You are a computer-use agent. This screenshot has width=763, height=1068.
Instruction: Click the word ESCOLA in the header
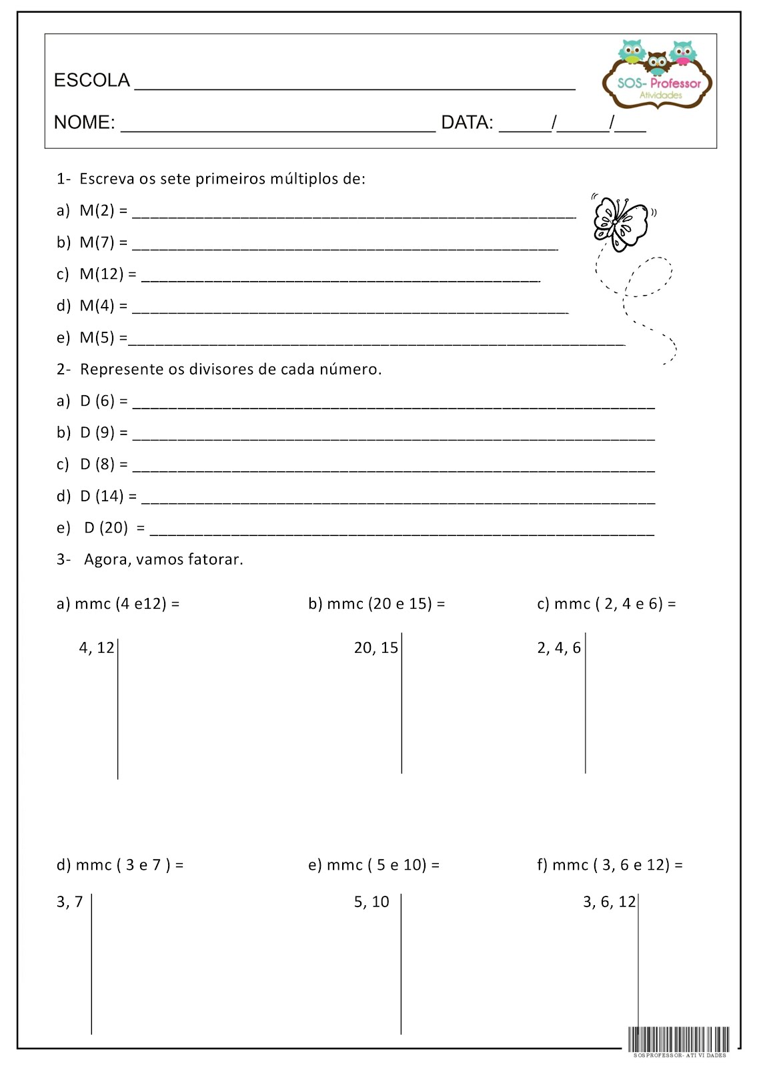click(x=91, y=81)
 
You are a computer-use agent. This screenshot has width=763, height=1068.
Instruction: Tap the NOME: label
click(x=84, y=123)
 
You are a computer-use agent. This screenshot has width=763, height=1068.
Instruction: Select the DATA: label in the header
click(x=467, y=123)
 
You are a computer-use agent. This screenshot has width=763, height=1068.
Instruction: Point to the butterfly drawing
click(x=620, y=222)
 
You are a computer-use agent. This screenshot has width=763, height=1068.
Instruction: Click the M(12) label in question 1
click(x=101, y=274)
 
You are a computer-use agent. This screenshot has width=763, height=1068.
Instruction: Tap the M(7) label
click(x=97, y=242)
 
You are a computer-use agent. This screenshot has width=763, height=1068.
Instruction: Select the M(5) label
click(x=97, y=338)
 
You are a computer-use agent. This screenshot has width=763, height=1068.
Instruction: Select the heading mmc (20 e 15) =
click(x=377, y=603)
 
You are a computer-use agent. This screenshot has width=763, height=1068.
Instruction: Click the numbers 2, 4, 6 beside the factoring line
click(x=559, y=648)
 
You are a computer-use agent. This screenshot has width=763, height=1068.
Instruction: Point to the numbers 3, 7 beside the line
click(x=70, y=902)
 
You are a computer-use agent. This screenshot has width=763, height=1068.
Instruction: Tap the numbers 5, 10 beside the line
click(x=371, y=902)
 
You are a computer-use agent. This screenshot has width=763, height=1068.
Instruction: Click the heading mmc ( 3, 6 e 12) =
click(x=610, y=865)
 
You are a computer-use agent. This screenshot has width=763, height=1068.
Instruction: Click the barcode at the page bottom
click(x=678, y=1039)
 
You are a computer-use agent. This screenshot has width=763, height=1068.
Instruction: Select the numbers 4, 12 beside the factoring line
click(x=97, y=648)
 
